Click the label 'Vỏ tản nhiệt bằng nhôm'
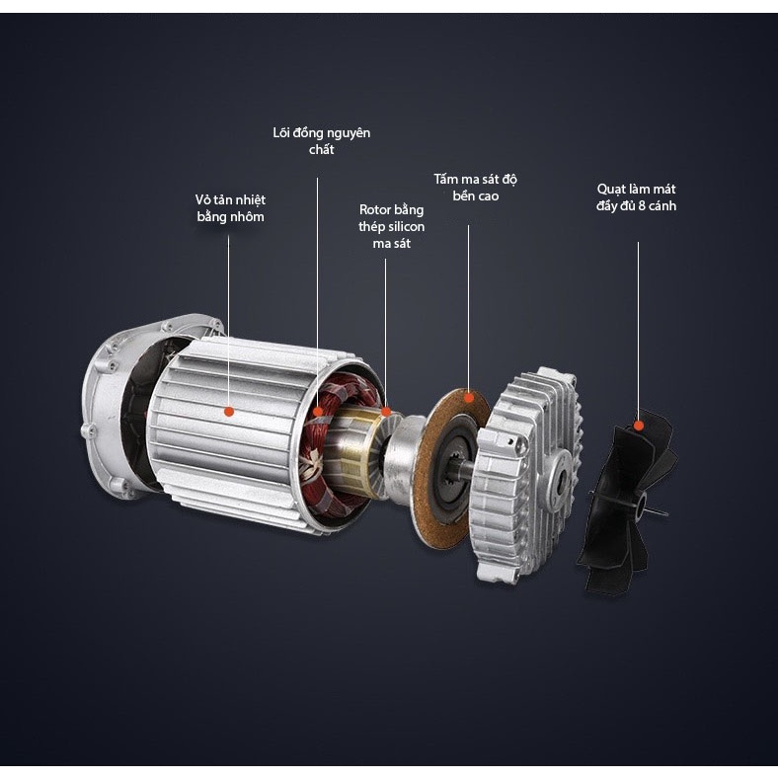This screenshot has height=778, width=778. click(230, 208)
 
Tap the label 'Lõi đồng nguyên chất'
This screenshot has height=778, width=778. click(322, 141)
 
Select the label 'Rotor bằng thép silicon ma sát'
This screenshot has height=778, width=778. click(392, 226)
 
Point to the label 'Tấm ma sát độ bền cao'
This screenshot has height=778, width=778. click(475, 187)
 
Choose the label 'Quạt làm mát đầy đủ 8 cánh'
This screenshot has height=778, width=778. click(636, 197)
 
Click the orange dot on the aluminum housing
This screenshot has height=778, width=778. click(229, 412)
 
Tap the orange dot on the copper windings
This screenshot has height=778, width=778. click(318, 412)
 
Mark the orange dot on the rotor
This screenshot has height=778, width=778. click(385, 412)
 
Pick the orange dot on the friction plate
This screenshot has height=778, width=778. click(468, 397)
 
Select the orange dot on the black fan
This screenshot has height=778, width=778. click(639, 426)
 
